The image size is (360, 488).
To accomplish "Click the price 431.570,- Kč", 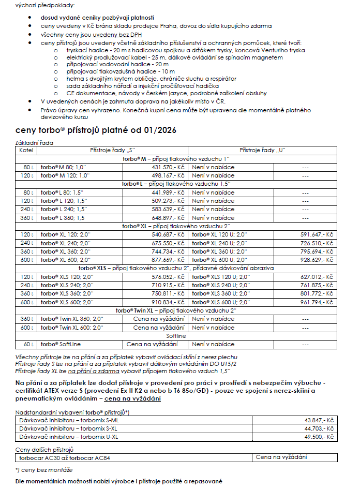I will (x=168, y=168).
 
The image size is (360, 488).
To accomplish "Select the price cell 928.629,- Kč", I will (x=317, y=259).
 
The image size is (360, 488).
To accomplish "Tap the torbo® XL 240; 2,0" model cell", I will (x=66, y=243).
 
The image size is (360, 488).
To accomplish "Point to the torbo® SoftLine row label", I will (x=61, y=344).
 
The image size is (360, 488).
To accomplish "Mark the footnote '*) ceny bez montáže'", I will (x=44, y=469).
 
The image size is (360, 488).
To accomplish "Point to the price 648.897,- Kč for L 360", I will (x=168, y=218).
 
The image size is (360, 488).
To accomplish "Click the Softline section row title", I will (x=176, y=335).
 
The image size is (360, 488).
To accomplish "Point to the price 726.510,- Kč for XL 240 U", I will (x=317, y=243).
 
